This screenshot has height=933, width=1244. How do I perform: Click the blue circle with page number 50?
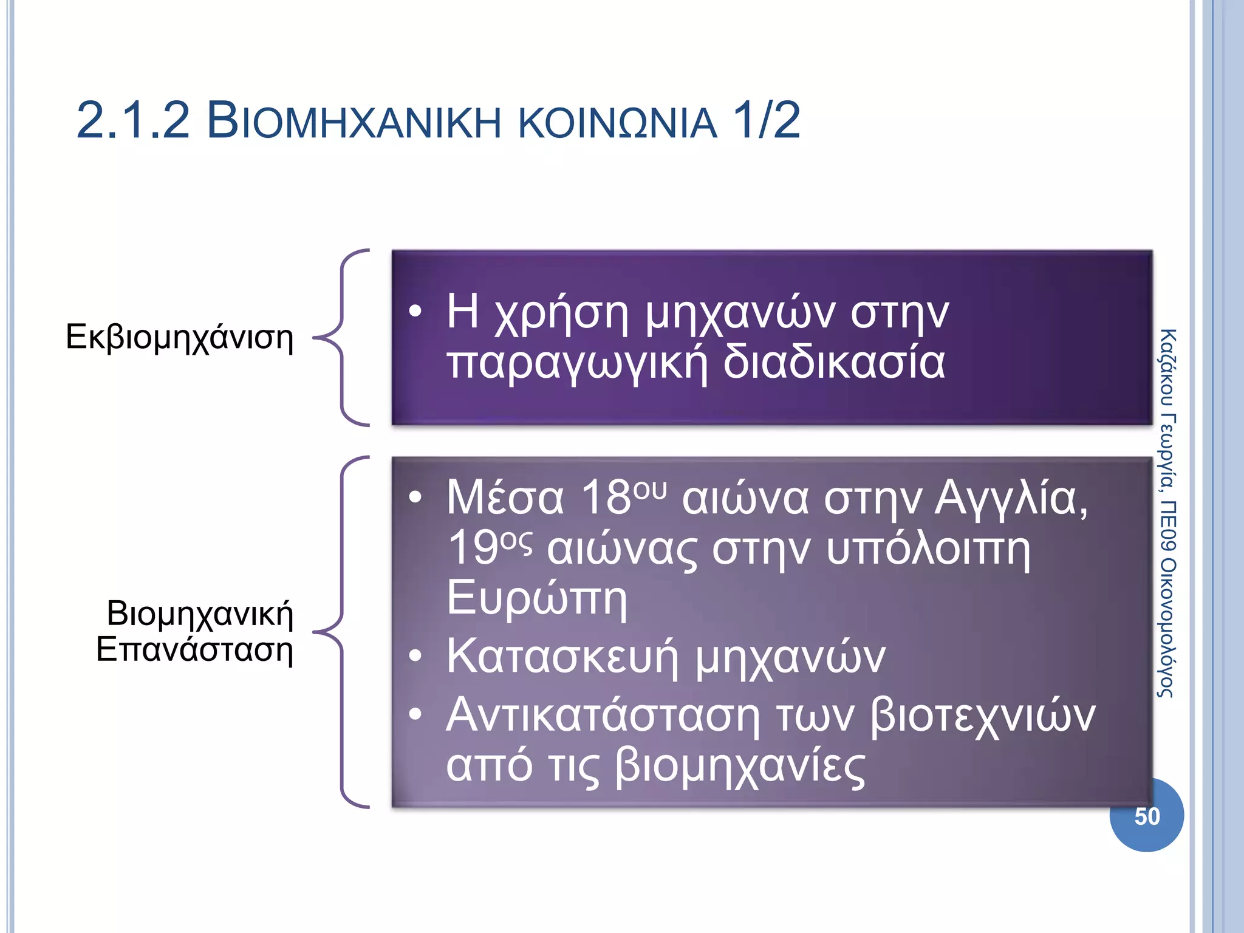tap(1146, 816)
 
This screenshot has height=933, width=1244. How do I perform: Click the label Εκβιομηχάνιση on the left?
tap(179, 338)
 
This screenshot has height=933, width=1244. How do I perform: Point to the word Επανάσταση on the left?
tap(194, 650)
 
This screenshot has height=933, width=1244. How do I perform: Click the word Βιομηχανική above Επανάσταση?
tap(200, 613)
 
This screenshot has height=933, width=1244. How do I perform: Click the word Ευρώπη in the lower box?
tap(536, 599)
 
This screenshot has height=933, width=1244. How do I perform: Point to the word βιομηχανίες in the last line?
tap(739, 767)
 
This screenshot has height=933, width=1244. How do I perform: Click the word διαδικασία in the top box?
tap(833, 363)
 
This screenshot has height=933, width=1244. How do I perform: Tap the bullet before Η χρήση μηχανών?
tap(415, 312)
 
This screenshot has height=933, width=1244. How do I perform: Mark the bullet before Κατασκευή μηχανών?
tap(415, 656)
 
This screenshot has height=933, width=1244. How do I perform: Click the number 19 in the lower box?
tap(473, 549)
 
